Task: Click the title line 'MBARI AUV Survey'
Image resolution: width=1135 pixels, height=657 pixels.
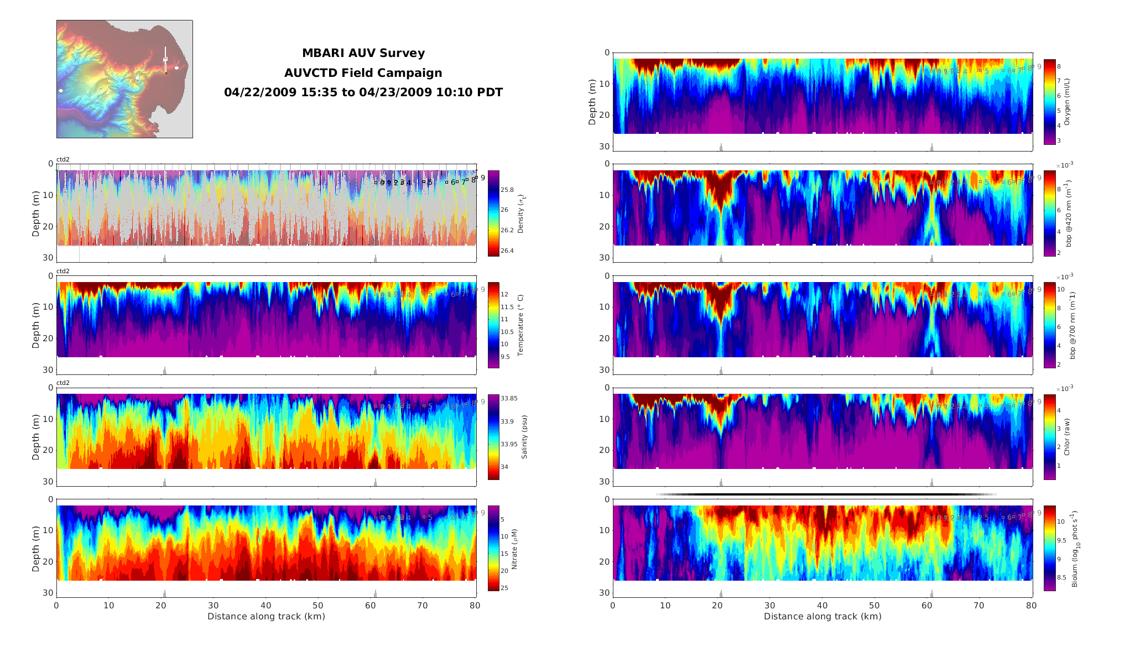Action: click(363, 54)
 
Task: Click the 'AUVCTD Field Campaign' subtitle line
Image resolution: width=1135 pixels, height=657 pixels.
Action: click(363, 73)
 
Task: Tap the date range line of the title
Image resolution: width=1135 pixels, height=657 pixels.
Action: click(363, 92)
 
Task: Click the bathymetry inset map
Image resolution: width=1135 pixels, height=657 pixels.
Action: click(124, 79)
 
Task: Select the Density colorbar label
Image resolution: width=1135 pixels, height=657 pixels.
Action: click(520, 213)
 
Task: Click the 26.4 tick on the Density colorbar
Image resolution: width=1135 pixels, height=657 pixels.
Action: click(507, 251)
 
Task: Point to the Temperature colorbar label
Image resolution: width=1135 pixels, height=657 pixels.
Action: click(520, 325)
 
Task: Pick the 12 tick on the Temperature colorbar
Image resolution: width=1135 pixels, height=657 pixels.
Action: click(504, 295)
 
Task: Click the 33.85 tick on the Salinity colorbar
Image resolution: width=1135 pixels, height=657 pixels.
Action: click(509, 398)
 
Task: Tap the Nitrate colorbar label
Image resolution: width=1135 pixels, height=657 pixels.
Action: click(514, 549)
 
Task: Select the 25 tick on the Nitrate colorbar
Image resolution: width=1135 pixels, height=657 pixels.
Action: click(504, 588)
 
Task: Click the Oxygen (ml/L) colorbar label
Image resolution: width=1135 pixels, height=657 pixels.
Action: click(1067, 102)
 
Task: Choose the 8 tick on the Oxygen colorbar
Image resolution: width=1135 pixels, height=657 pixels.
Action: click(1059, 66)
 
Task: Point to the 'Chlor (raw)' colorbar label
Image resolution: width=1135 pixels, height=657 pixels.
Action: click(1067, 437)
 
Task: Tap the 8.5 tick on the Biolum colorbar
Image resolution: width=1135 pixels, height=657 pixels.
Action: click(1061, 577)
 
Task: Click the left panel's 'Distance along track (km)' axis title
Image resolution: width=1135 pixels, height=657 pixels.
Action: click(266, 617)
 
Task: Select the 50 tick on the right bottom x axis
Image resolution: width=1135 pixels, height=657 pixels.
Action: click(874, 606)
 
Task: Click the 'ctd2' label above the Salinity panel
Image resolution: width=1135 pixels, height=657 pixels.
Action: click(63, 383)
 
